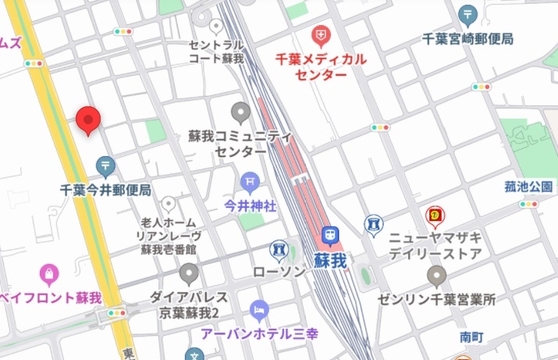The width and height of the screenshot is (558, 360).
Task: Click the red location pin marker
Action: (x=90, y=119)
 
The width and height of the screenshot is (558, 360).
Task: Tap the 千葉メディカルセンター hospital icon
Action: (x=320, y=35)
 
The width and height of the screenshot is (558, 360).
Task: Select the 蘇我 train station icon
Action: (x=331, y=234)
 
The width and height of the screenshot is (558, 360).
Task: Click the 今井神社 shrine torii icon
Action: (x=250, y=182)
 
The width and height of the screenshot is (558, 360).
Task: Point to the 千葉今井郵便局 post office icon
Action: (x=106, y=166)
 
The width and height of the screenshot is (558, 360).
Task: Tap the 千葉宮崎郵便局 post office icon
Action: (x=467, y=13)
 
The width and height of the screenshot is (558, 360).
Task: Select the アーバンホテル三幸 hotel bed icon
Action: (x=258, y=311)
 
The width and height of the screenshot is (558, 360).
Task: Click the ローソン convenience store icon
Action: (x=277, y=250)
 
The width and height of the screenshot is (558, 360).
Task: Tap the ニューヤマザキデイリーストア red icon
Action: (x=435, y=215)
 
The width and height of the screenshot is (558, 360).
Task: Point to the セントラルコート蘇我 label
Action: (x=217, y=52)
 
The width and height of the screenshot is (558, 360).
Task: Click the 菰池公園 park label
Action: (x=528, y=187)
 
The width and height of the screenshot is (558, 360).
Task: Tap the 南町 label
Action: (x=472, y=337)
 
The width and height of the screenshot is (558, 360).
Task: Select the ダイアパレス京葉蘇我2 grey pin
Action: (x=189, y=274)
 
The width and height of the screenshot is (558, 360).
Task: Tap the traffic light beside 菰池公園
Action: (x=528, y=204)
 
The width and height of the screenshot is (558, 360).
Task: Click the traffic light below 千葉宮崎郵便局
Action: (x=481, y=87)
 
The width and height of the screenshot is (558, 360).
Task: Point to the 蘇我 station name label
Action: (x=331, y=261)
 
